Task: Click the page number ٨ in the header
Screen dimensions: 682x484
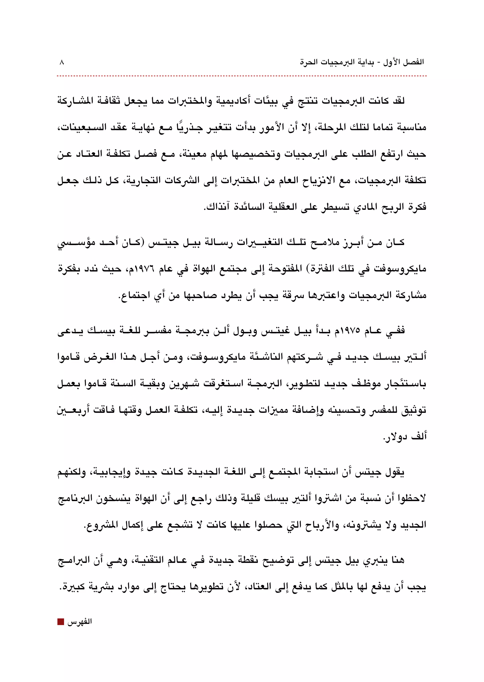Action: point(62,63)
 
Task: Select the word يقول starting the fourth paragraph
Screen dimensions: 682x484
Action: point(395,472)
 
